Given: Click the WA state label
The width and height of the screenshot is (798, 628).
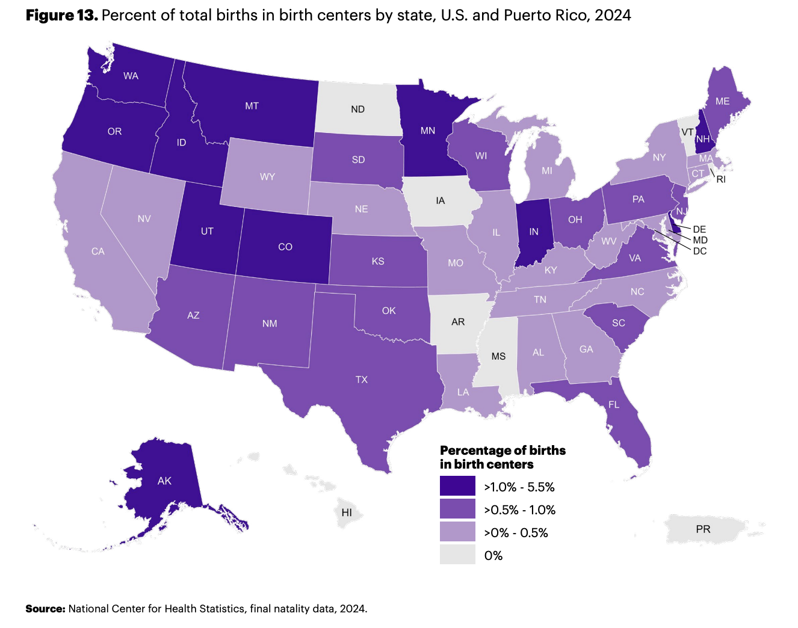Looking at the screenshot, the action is point(131,76).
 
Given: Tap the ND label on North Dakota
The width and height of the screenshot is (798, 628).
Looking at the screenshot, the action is point(358,109).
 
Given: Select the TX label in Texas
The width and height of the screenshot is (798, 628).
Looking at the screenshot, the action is point(362,380).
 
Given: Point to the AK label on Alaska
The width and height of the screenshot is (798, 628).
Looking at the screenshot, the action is point(164,481).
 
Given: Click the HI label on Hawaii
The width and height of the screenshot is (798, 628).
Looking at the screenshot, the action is point(347,513).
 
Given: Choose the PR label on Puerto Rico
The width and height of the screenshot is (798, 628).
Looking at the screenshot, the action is point(703,529).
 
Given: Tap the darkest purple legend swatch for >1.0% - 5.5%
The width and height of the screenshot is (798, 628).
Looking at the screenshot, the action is point(457,485).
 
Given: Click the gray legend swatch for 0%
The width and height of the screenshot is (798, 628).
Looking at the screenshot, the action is point(457,555).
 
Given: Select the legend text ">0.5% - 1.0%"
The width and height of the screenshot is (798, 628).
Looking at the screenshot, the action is point(520,510).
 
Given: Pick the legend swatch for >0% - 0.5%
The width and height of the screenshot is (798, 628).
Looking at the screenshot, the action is point(457,532).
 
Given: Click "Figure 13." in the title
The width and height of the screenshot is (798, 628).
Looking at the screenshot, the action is point(62,16).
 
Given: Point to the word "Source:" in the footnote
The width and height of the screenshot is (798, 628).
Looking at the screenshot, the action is point(45,609).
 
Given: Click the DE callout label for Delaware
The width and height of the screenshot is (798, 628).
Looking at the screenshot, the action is point(699,229).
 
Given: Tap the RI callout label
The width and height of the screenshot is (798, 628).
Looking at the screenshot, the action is point(721,179).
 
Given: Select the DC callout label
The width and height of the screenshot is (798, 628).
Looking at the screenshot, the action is point(700,251).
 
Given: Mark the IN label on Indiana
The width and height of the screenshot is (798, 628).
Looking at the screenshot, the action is point(534,232).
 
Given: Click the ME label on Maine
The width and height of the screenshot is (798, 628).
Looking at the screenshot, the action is point(722,101).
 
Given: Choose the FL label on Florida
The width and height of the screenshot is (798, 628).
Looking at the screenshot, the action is point(614,404).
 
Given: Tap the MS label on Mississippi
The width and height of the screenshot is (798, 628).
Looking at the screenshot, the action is point(498,356).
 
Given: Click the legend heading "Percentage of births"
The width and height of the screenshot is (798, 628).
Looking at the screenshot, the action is point(503,451).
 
